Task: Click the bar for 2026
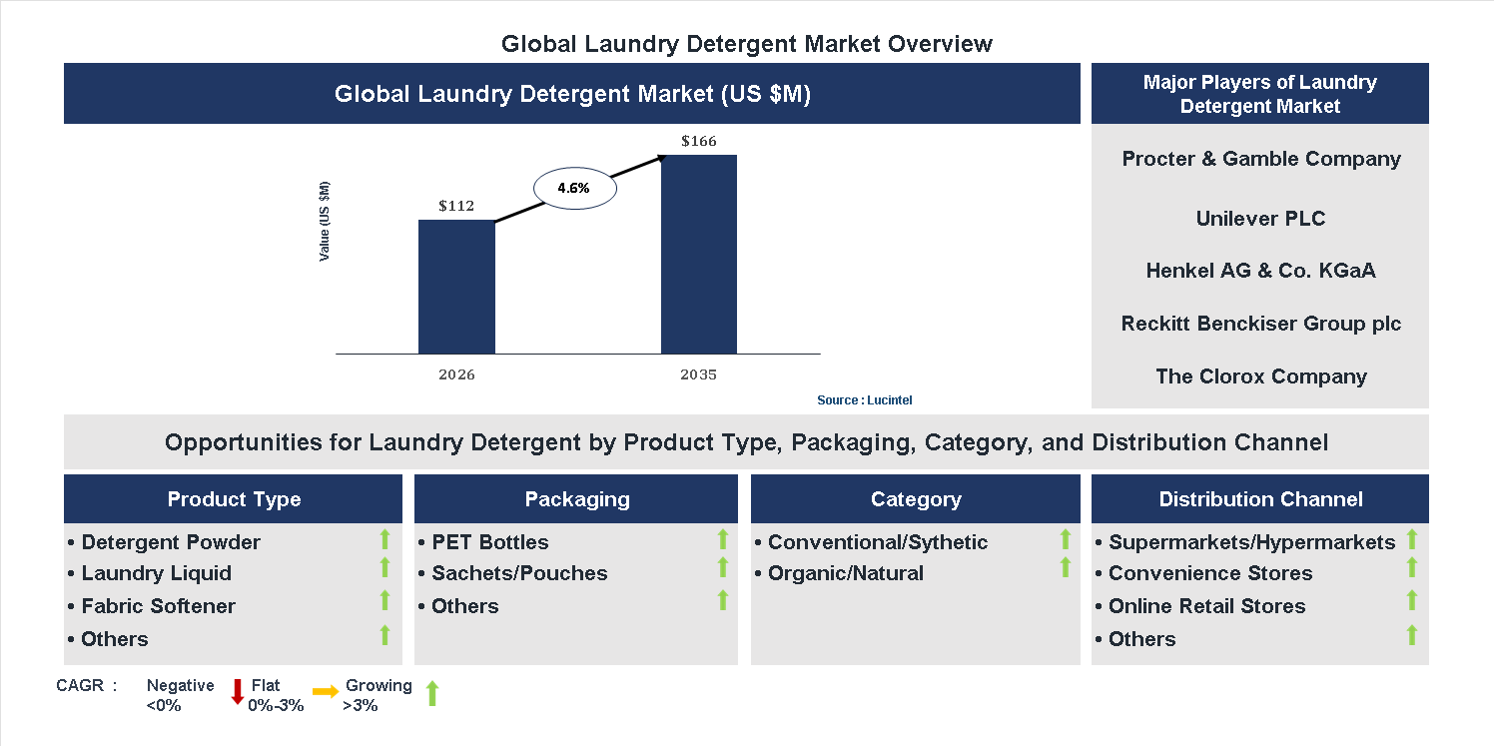(456, 287)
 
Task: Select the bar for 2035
(699, 255)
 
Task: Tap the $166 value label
(699, 141)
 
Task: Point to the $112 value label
(456, 207)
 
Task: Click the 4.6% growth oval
(574, 188)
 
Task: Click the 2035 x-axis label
(699, 375)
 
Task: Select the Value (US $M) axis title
(325, 222)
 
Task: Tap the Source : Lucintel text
(865, 400)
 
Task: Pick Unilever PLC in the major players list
(1260, 219)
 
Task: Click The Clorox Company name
(1260, 376)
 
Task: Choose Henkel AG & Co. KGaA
(1260, 271)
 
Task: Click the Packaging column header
(577, 499)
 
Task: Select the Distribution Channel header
(1260, 499)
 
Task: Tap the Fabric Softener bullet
(158, 606)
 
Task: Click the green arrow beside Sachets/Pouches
(723, 568)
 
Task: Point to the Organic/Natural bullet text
(845, 573)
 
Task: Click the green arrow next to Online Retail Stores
(1412, 600)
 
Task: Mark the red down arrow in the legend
(238, 691)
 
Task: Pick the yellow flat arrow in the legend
(326, 691)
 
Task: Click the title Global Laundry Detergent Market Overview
(747, 44)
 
